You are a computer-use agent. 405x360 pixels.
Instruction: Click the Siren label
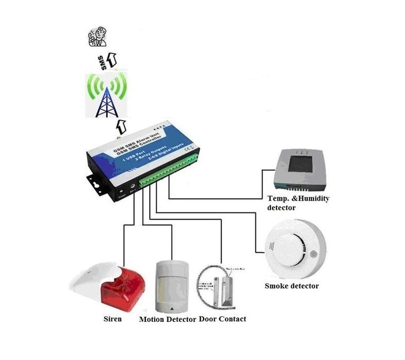[x=112, y=319]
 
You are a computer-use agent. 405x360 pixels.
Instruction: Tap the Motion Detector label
[x=167, y=319]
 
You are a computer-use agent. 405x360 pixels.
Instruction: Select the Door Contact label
[x=222, y=319]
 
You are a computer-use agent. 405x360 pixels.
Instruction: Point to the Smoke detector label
[x=291, y=286]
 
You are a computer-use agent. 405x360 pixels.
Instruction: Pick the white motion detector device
[x=172, y=286]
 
